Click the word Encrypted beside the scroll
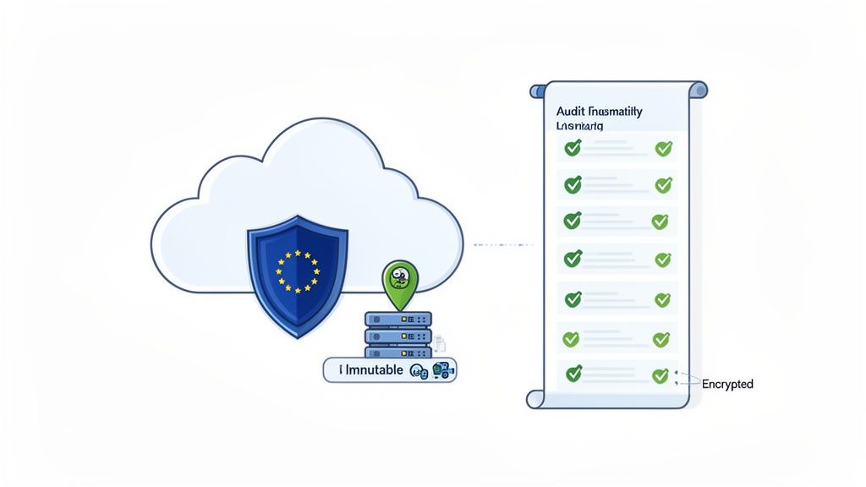[727, 384]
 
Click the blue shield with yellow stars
[297, 270]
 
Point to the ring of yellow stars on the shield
[298, 271]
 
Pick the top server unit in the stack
[398, 319]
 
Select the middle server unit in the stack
[398, 336]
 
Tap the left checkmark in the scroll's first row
[573, 148]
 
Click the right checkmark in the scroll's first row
[664, 149]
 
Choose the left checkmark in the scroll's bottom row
[573, 372]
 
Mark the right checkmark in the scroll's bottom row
[660, 375]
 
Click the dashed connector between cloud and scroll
[502, 245]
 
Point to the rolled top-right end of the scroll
[699, 90]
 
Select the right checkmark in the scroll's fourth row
[662, 260]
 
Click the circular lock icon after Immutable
[417, 370]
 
